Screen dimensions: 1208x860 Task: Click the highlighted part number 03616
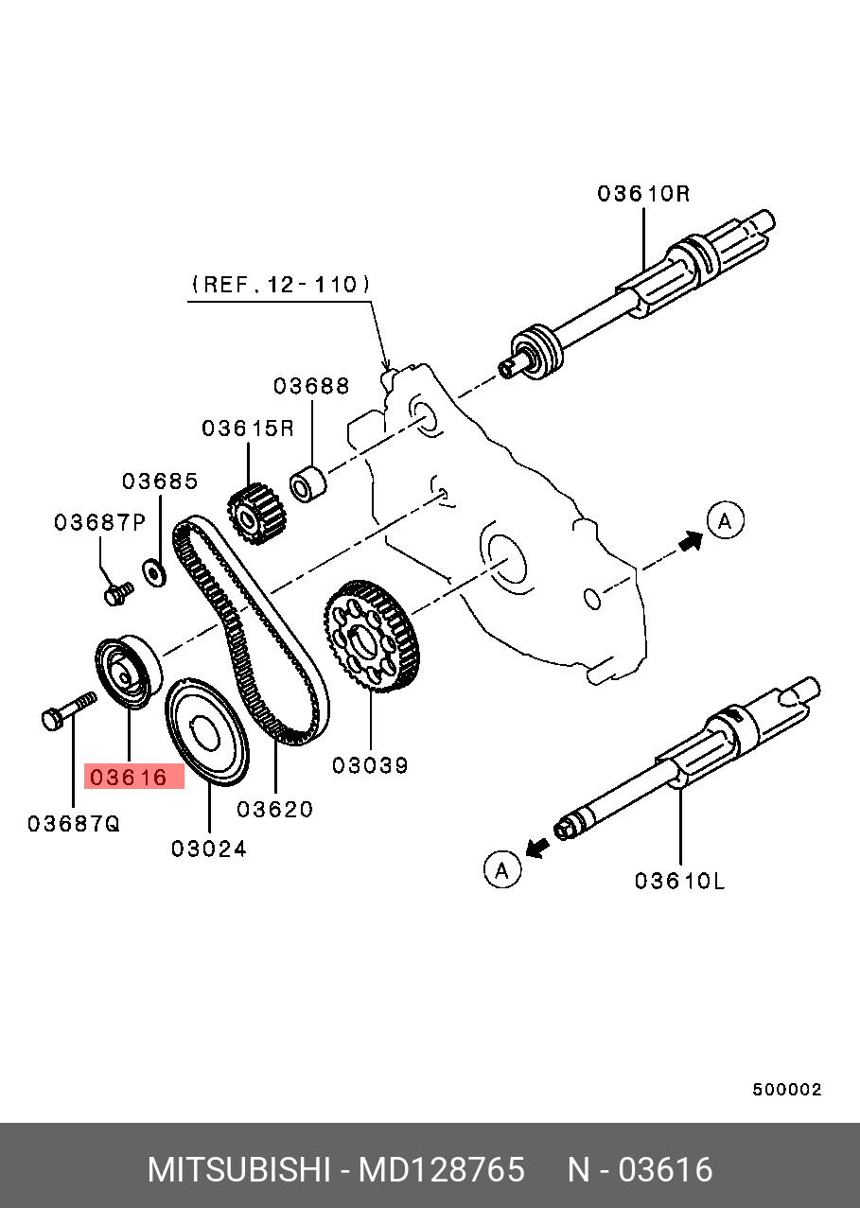click(129, 779)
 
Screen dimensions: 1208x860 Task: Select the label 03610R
click(643, 194)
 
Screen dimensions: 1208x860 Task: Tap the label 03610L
click(679, 881)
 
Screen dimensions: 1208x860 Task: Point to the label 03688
click(311, 386)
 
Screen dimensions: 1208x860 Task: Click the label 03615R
click(248, 429)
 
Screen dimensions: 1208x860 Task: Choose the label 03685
click(160, 481)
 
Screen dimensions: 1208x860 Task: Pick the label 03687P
click(99, 522)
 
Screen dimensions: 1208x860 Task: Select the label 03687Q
click(74, 824)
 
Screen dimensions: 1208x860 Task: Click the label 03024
click(209, 849)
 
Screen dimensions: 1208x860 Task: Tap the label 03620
click(274, 809)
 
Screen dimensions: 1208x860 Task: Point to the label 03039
click(370, 765)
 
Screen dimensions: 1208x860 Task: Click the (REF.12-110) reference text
click(281, 284)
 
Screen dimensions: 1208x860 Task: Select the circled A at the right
click(726, 520)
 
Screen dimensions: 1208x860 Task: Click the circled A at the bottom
click(502, 868)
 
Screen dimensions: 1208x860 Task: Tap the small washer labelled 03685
click(152, 571)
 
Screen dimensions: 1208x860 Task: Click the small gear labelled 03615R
click(252, 516)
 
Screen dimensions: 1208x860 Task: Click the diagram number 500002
click(787, 1090)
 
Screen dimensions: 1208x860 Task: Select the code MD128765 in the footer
click(441, 1170)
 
